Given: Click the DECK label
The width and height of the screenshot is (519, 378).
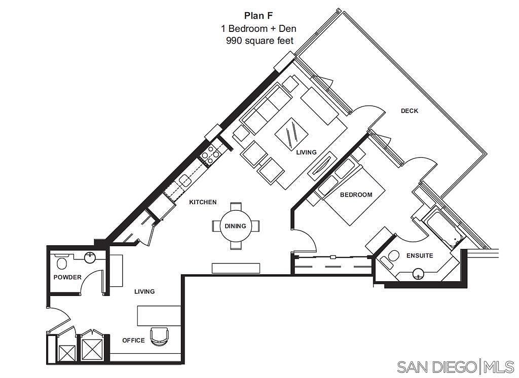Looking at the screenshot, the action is click(x=410, y=111).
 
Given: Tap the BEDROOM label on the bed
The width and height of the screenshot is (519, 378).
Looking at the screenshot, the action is click(x=356, y=195).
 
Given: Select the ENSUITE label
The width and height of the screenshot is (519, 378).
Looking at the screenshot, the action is click(x=420, y=255).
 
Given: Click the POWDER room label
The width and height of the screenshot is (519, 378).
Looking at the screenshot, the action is click(x=67, y=277).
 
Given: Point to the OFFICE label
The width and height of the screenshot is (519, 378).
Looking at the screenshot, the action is click(x=133, y=341).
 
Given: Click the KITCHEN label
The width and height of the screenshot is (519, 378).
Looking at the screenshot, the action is click(x=203, y=202).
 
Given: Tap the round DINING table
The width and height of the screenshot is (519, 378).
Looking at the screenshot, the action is click(x=236, y=226).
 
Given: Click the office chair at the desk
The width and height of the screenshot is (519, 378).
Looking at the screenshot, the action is click(x=159, y=336).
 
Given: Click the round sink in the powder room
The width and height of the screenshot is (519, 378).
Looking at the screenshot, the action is click(x=90, y=257).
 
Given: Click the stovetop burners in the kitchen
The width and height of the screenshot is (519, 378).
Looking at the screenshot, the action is click(x=210, y=155).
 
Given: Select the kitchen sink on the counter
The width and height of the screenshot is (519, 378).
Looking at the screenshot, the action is click(x=185, y=181).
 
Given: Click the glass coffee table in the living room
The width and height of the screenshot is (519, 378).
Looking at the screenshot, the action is click(x=291, y=134).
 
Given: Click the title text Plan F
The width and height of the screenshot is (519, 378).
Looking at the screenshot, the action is click(x=258, y=16).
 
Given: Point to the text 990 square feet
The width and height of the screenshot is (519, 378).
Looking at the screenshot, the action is click(x=260, y=41).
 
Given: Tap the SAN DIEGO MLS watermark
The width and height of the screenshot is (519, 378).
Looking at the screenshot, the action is click(x=456, y=367).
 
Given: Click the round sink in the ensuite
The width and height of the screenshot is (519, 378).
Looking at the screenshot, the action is click(x=419, y=274).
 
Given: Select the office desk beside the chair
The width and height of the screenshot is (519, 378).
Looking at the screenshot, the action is click(x=159, y=316).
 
